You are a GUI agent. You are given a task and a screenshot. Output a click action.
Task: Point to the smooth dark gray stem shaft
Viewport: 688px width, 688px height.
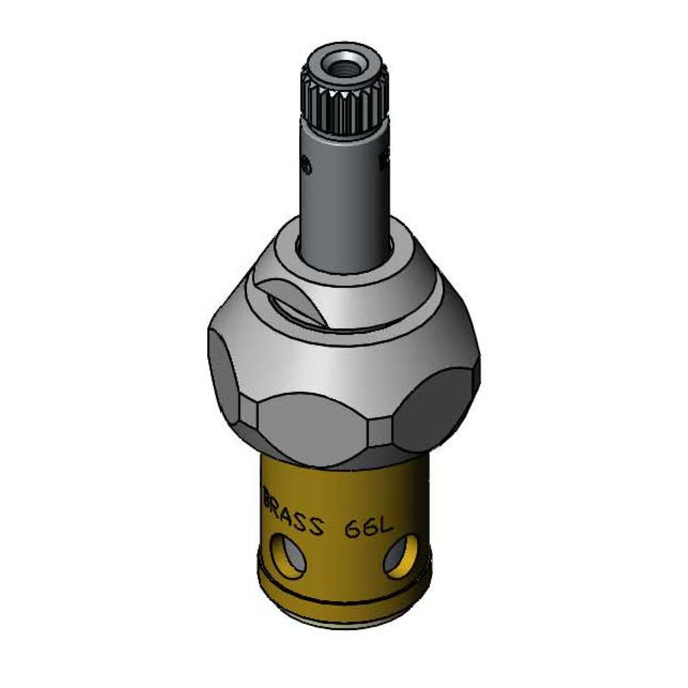pyautogui.click(x=343, y=183)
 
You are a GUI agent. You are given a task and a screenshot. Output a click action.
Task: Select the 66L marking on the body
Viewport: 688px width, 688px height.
pyautogui.click(x=367, y=527)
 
